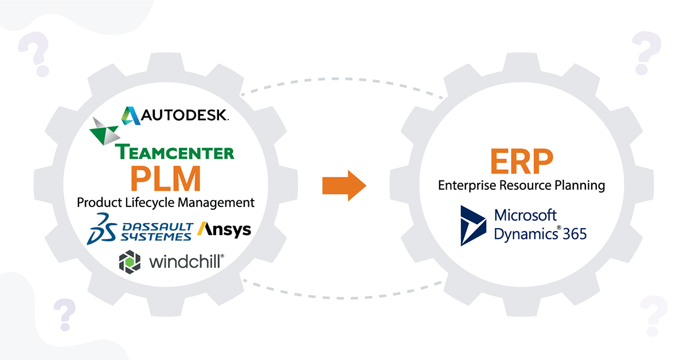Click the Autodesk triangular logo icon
click(131, 115)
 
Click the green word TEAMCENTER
click(174, 152)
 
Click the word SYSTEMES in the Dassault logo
click(157, 235)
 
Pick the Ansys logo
click(224, 229)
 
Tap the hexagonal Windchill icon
click(130, 261)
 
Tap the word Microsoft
click(525, 216)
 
